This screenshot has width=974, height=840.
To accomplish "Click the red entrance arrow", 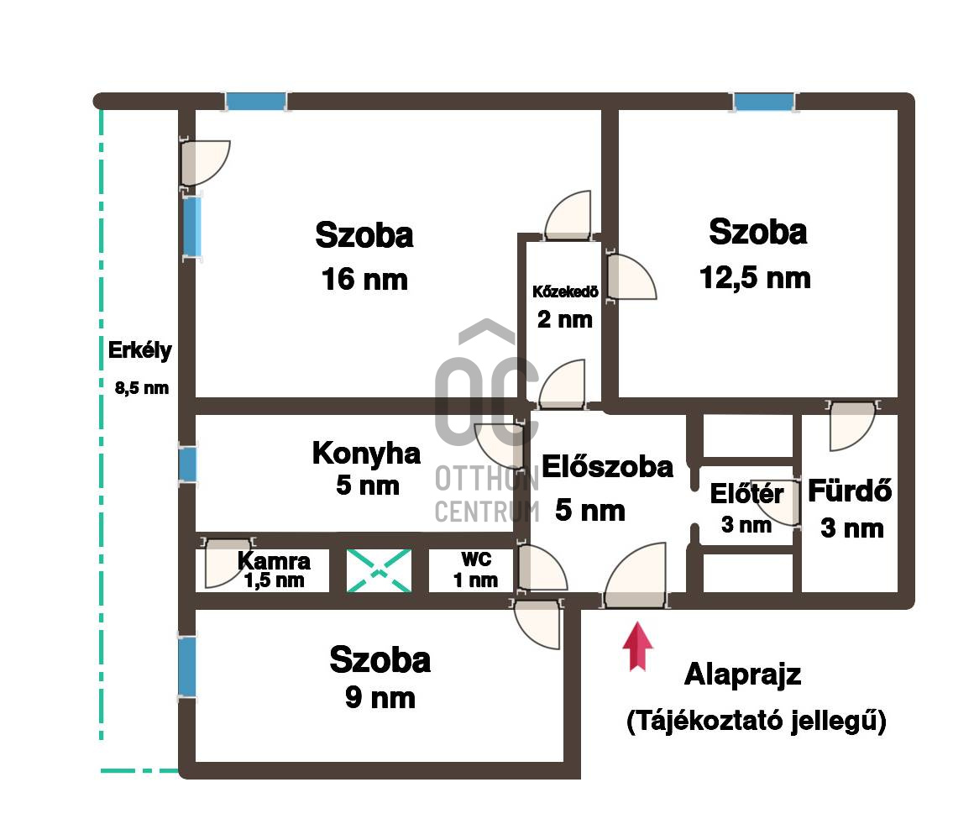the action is pyautogui.click(x=637, y=647).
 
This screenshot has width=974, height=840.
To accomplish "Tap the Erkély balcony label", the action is pyautogui.click(x=139, y=350).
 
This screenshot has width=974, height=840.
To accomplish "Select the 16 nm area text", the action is pyautogui.click(x=364, y=279).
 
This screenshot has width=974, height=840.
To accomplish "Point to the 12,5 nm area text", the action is pyautogui.click(x=755, y=277).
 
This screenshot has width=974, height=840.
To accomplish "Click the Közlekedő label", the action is pyautogui.click(x=565, y=291).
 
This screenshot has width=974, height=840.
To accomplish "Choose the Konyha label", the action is pyautogui.click(x=366, y=454).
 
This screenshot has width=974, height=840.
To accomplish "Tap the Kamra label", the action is pyautogui.click(x=274, y=561).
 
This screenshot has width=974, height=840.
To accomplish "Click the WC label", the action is pyautogui.click(x=476, y=559).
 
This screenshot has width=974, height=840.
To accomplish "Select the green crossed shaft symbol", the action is pyautogui.click(x=379, y=571).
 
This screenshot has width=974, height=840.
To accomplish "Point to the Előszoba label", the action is pyautogui.click(x=608, y=466).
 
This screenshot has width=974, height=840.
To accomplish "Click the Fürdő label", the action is pyautogui.click(x=850, y=491).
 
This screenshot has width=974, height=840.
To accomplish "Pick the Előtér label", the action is pyautogui.click(x=746, y=494).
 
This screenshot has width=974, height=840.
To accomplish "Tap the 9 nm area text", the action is pyautogui.click(x=380, y=698).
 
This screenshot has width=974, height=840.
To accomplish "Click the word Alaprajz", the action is pyautogui.click(x=742, y=675).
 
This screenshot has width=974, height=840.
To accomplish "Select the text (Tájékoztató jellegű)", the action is pyautogui.click(x=757, y=721).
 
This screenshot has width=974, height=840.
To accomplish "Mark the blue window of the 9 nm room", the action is pyautogui.click(x=187, y=667).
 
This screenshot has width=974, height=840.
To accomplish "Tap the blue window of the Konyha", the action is pyautogui.click(x=187, y=465).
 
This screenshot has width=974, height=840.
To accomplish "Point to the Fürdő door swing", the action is pyautogui.click(x=852, y=426).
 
